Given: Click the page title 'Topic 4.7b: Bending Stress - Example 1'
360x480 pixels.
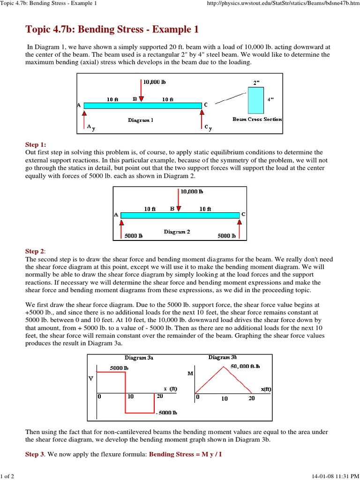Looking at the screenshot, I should point(112,30).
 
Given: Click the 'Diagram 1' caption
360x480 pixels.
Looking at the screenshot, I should point(141,120).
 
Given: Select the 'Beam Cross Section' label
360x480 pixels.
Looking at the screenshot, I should point(257,119).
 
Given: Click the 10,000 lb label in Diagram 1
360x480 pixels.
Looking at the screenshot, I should point(154,82).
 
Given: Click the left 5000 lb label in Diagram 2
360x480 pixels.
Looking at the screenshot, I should point(134,236).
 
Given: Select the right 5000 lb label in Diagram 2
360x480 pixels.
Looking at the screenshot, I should point(227,236).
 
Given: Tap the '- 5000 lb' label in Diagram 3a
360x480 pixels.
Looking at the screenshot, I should point(166,412).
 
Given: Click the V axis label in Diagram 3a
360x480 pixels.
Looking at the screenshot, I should point(91,378).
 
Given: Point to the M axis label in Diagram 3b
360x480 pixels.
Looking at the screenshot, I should point(190,374).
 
